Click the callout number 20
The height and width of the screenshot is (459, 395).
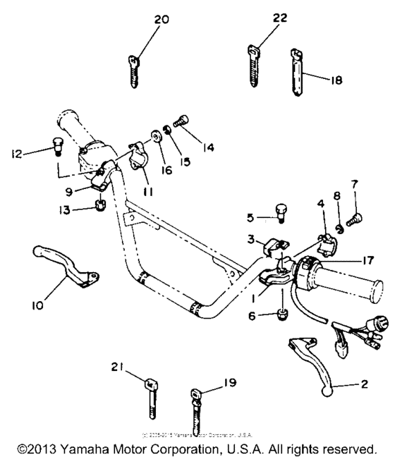[x=161, y=20]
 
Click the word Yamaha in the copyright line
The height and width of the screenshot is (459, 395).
[x=90, y=449]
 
